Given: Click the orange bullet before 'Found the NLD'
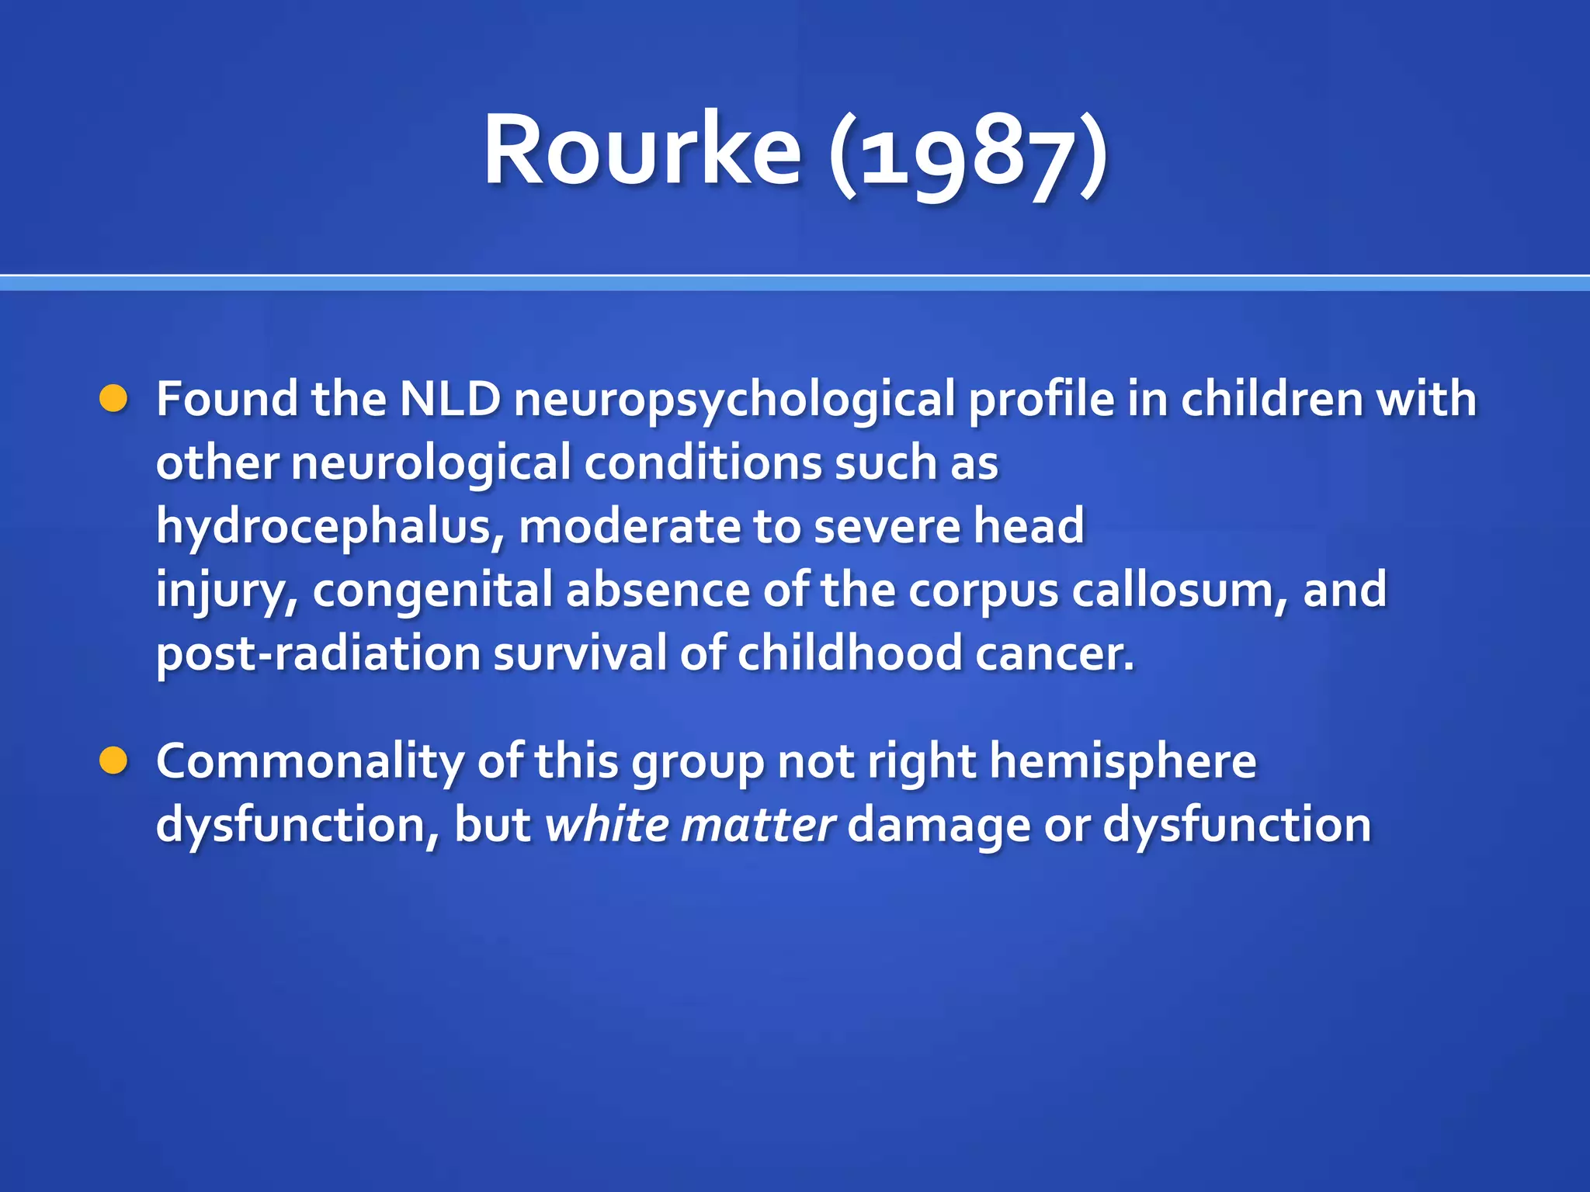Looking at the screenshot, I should coord(113,399).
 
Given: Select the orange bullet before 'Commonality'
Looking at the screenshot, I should coord(113,761).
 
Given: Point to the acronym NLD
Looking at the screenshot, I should coord(450,399).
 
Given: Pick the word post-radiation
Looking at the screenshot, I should coord(318,654).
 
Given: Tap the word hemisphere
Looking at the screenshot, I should coord(1123,763).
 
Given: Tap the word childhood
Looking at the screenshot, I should coord(850,654).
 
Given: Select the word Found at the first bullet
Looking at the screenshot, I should coord(227,399).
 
